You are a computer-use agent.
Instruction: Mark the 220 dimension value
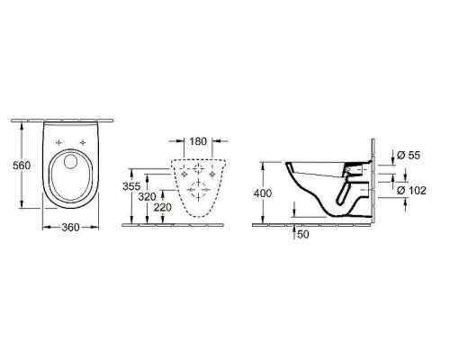162,207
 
